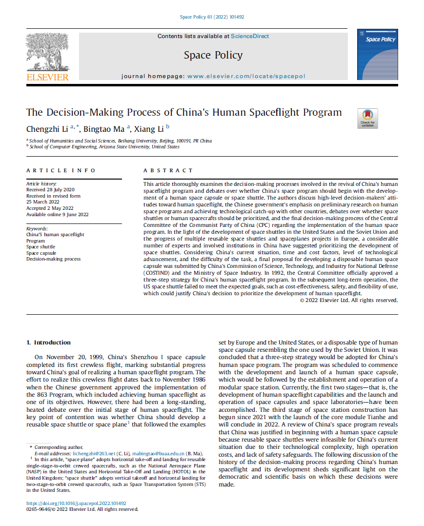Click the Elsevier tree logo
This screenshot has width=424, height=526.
click(47, 55)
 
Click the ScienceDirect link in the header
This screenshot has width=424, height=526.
click(250, 36)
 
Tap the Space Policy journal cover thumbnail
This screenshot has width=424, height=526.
click(377, 54)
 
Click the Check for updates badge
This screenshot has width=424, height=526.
click(367, 119)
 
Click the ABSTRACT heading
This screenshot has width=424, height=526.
click(168, 170)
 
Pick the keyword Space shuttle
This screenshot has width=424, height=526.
click(41, 247)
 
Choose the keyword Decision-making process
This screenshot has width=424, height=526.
click(53, 259)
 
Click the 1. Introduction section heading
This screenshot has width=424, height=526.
click(48, 343)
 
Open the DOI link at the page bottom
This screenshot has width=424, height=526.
click(76, 503)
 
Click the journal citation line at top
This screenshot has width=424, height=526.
click(212, 17)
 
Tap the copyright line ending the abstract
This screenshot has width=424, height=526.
click(349, 300)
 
